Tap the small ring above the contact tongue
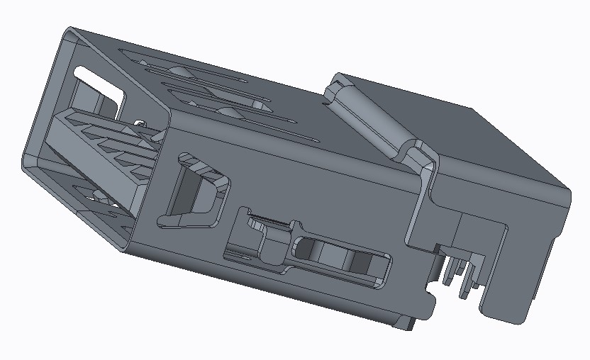point(140,124)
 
